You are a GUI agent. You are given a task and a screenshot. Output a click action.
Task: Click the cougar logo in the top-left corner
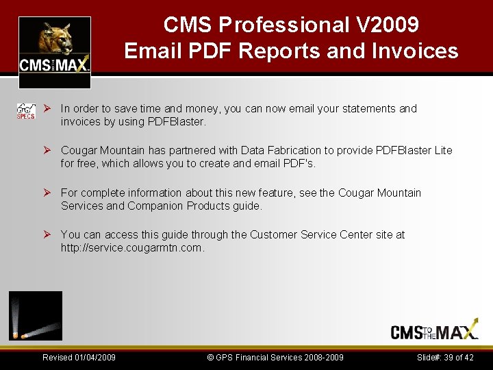click(54, 45)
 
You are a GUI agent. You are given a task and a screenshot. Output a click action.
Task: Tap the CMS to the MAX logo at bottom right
click(434, 332)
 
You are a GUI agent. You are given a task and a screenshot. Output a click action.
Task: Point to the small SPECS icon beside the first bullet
click(26, 112)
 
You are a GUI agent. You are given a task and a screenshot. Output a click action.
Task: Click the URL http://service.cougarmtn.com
click(132, 248)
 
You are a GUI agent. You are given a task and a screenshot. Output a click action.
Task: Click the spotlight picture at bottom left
click(36, 316)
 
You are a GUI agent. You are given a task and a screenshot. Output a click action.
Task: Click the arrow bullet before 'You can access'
click(48, 234)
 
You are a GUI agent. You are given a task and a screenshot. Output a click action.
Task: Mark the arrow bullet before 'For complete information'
click(48, 193)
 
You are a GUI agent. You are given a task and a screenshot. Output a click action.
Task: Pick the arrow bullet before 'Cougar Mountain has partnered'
click(48, 150)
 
